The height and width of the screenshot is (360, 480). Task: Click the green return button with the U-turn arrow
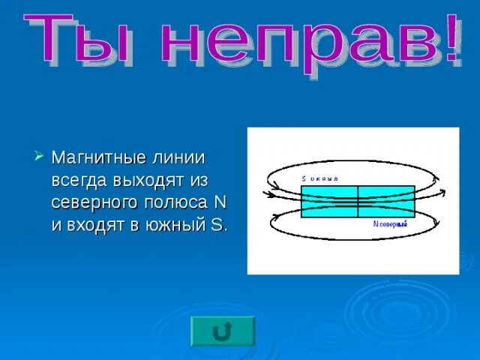[x=223, y=331]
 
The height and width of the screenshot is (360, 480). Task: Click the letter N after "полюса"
[x=220, y=202]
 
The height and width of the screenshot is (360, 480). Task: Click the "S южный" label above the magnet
[x=320, y=179]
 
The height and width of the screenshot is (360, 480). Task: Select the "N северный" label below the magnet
[x=389, y=223]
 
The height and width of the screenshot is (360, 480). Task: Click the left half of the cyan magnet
[x=329, y=202]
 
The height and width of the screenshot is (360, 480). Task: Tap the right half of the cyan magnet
[x=386, y=202]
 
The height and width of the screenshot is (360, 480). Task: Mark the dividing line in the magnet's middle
[x=358, y=202]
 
